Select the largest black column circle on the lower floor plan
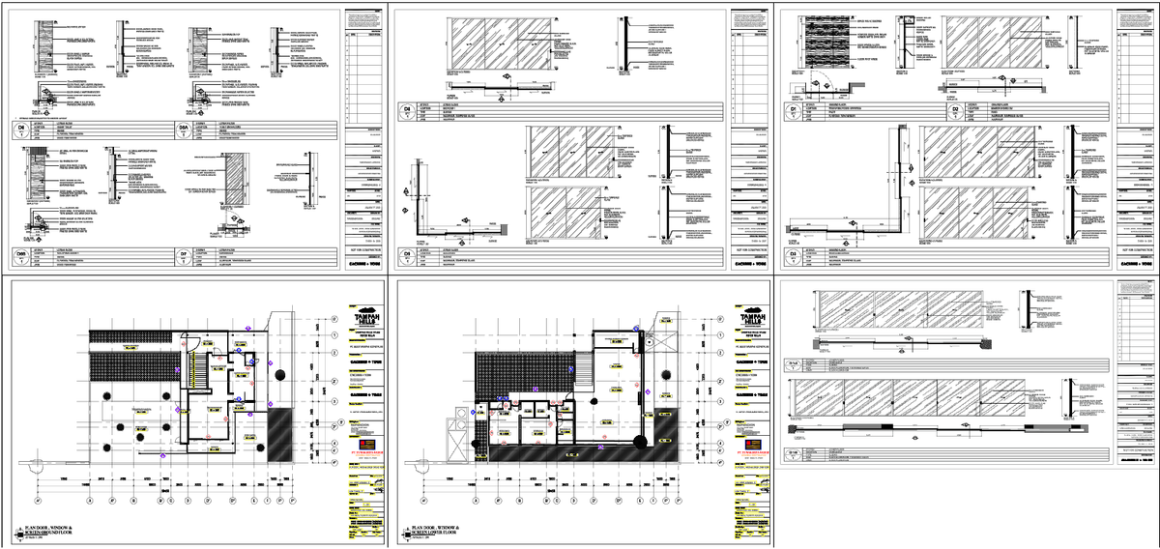639,442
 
